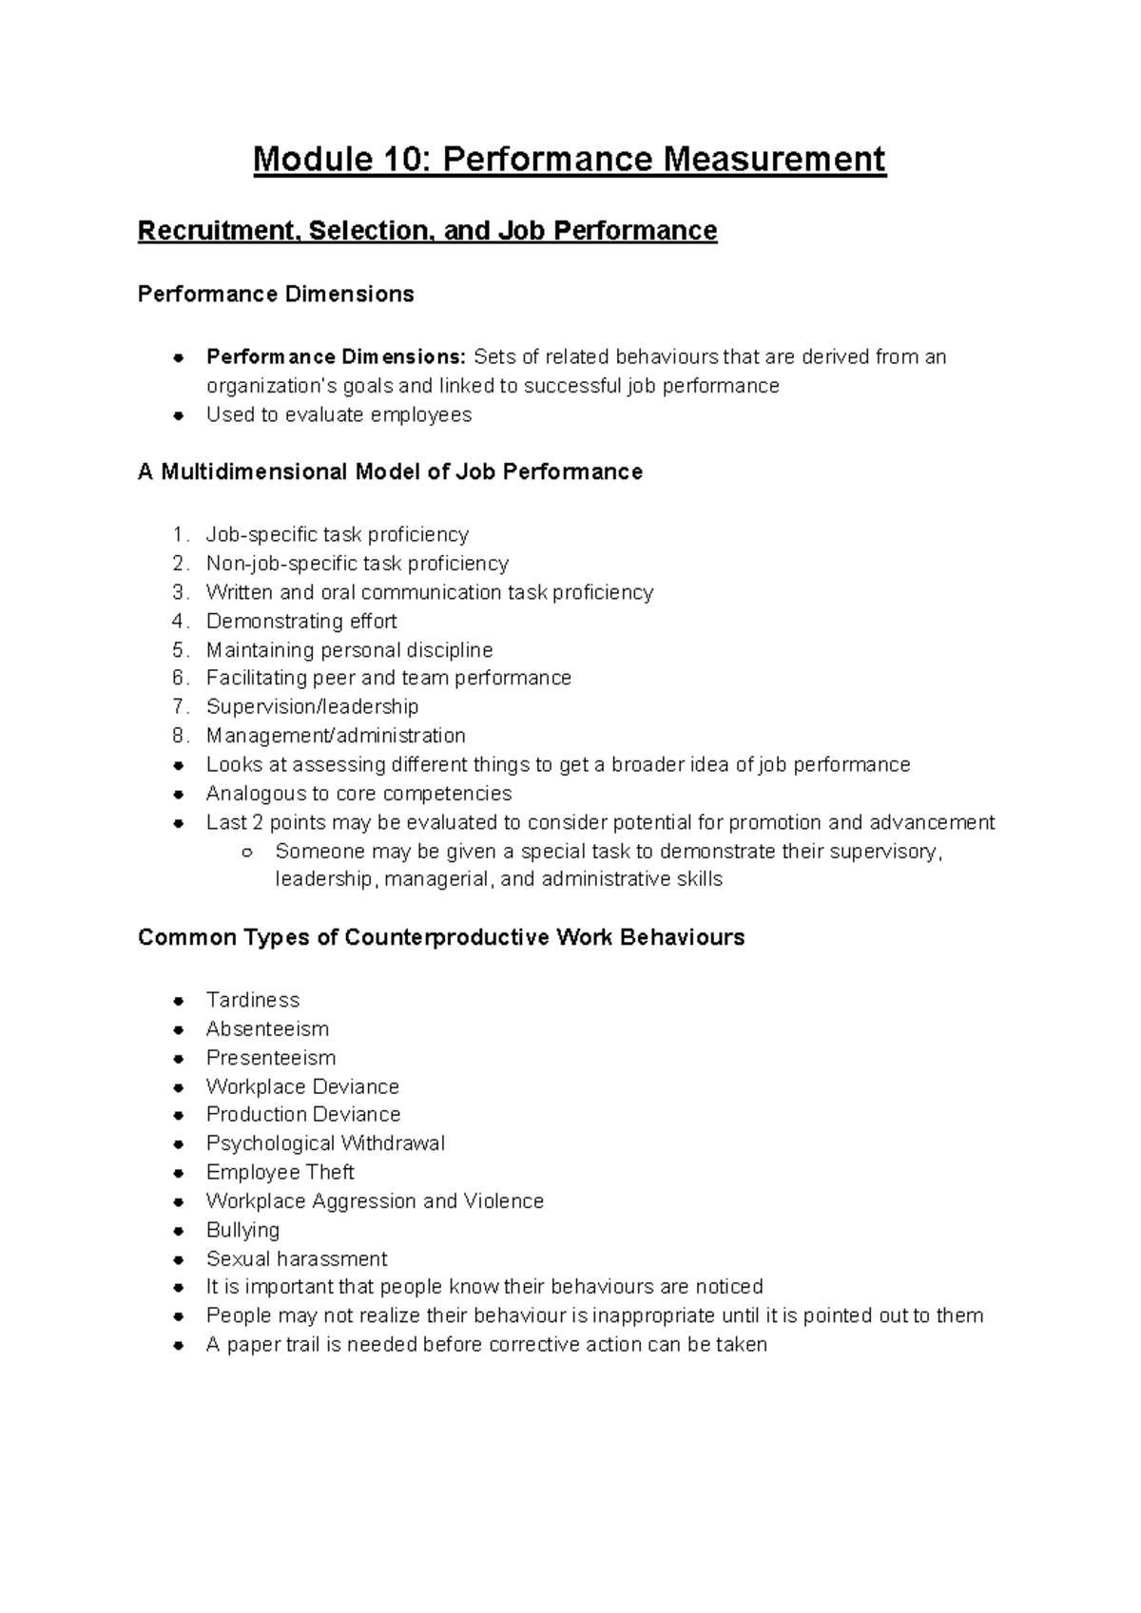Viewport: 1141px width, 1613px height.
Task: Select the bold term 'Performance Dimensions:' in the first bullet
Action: [x=336, y=357]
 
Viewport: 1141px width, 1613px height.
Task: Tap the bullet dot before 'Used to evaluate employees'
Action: [x=178, y=415]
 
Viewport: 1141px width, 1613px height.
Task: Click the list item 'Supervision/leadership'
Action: [x=312, y=707]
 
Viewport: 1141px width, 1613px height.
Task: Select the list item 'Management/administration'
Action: [x=336, y=736]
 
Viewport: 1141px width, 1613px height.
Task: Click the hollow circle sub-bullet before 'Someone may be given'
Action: [x=246, y=852]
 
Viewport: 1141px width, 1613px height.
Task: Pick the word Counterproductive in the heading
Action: [x=446, y=938]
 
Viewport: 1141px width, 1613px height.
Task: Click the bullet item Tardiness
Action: [x=252, y=1000]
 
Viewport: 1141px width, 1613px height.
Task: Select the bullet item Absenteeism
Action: [x=267, y=1029]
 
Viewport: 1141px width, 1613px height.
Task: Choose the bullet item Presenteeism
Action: [x=270, y=1058]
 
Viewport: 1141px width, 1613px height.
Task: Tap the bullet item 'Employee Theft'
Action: [x=280, y=1172]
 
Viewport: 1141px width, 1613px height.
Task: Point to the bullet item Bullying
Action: [x=242, y=1230]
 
